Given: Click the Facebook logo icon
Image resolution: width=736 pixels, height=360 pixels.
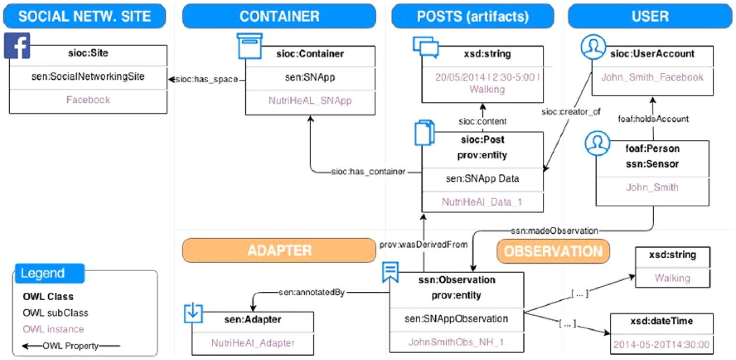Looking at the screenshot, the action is point(17,46).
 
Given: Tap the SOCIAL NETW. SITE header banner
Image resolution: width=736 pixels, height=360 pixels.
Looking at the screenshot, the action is point(85,16).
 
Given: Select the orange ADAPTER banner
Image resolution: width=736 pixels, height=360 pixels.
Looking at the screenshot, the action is point(279,250).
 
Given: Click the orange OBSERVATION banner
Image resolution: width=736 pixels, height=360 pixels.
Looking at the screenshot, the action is point(553,251).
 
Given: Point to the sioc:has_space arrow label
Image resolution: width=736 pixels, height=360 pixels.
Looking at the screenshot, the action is point(207,80).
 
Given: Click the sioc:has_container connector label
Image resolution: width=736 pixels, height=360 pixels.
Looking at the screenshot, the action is point(368,172).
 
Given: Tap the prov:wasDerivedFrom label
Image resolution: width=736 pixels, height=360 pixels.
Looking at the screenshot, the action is point(423,245).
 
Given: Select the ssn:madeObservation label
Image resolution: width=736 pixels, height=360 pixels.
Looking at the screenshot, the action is point(554,231).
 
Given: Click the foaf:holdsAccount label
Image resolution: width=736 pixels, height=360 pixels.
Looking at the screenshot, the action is point(653,119).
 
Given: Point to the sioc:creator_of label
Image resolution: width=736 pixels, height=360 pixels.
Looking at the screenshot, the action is point(571,112).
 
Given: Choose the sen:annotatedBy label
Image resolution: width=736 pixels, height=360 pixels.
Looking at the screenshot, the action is point(311,292).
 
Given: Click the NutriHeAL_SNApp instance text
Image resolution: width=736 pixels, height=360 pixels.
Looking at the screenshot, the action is point(310,101).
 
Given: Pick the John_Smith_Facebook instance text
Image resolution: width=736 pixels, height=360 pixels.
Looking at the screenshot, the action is point(652,77).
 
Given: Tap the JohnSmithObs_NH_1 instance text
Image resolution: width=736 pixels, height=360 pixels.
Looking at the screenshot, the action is point(456,342).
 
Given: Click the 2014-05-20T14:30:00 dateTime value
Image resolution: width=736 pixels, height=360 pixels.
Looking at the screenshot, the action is point(662,345).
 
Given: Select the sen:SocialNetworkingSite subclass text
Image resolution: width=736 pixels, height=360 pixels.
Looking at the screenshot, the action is point(88,77).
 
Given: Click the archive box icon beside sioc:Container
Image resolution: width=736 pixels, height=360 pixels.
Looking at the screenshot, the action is point(250,46).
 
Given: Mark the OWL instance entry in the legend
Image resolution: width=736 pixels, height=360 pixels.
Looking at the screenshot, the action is point(53,329).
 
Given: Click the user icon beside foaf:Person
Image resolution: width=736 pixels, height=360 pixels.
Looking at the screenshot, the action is point(597,144).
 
